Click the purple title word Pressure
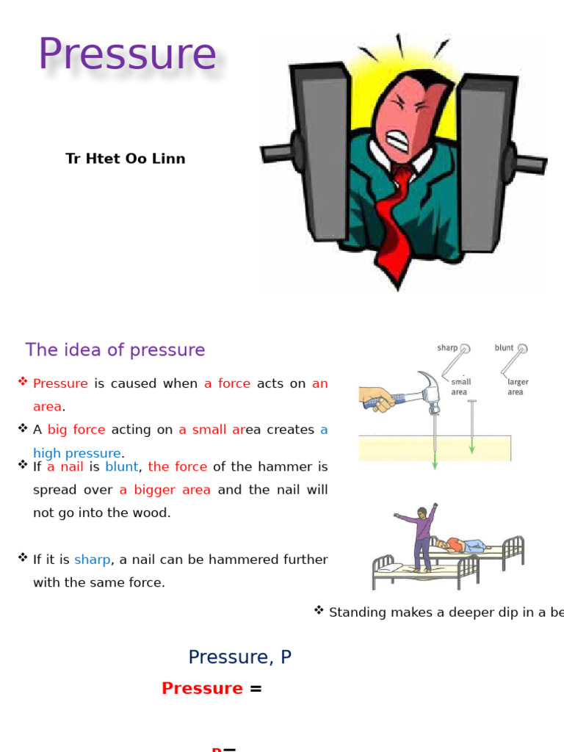[x=127, y=55]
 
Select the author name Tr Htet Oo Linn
[x=126, y=159]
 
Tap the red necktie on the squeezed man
[x=394, y=221]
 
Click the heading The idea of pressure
[x=115, y=350]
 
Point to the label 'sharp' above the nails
[x=447, y=348]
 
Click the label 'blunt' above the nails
[x=505, y=348]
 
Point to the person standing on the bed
[x=420, y=536]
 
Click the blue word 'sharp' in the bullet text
[x=92, y=560]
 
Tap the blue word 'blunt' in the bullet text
[x=121, y=467]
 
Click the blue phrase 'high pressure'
[x=76, y=453]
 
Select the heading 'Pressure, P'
[x=240, y=657]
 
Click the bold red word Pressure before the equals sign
[x=202, y=688]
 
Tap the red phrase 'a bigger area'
[x=165, y=490]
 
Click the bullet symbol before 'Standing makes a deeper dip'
[x=319, y=610]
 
